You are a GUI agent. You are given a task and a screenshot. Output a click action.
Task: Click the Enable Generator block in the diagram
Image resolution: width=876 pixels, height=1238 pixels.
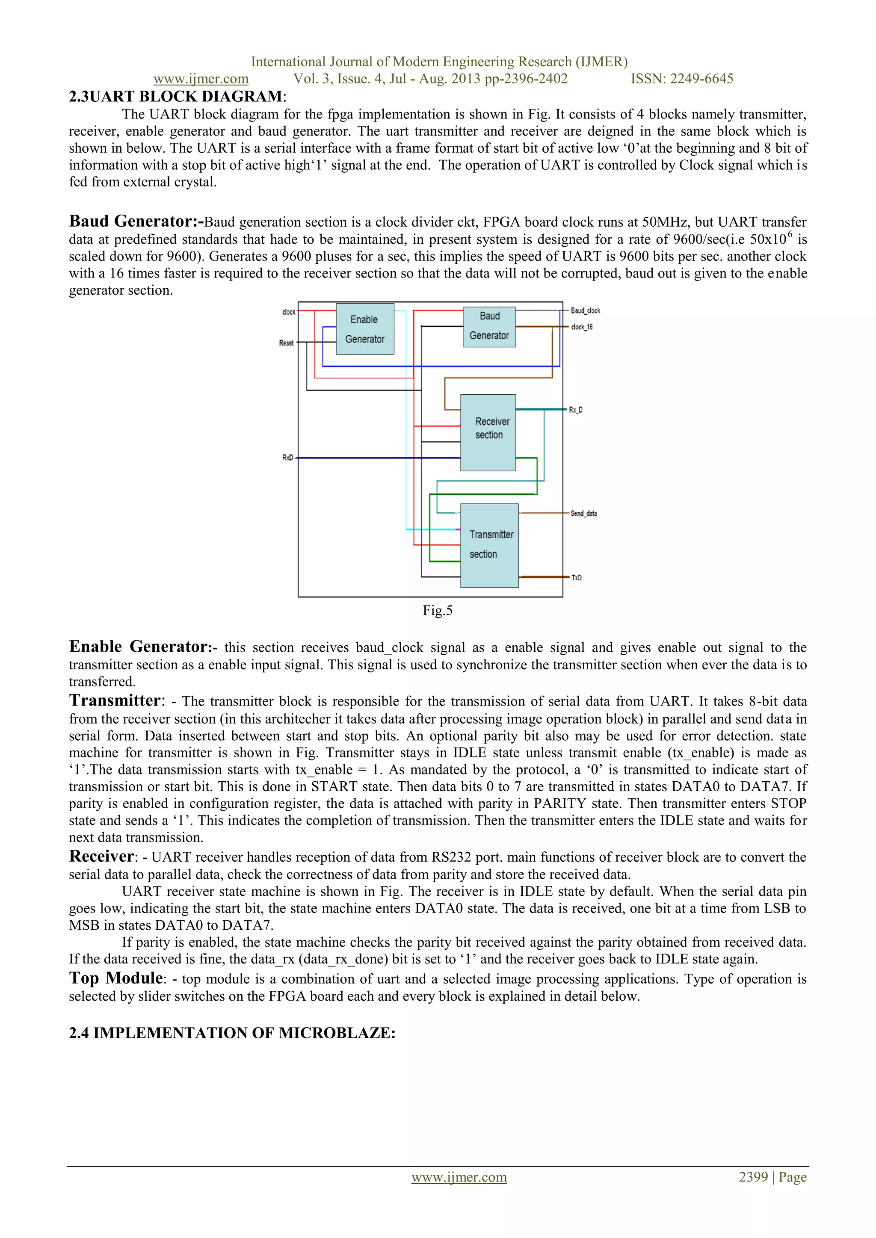tap(364, 329)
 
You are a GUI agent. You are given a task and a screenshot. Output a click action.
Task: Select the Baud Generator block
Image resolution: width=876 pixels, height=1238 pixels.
tap(489, 326)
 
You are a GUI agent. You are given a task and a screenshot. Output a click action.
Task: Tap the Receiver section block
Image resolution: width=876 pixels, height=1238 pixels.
tap(488, 432)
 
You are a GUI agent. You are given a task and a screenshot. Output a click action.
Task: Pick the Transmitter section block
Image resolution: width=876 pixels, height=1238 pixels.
tap(489, 545)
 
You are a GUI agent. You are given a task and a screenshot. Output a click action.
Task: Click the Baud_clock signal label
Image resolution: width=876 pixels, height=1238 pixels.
tap(585, 310)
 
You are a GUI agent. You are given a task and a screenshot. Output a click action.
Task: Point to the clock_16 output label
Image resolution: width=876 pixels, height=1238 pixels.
tap(581, 327)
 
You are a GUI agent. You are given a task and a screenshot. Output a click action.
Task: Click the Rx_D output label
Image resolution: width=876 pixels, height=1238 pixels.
tap(576, 410)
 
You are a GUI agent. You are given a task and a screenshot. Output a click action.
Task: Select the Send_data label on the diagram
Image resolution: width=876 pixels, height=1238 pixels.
tap(583, 513)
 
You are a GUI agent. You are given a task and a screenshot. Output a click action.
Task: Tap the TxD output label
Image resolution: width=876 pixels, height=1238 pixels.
tap(577, 577)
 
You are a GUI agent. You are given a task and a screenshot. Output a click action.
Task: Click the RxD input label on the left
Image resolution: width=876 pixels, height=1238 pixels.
tap(287, 458)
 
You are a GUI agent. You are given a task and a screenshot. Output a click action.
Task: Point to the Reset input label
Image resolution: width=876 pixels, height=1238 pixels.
tap(286, 343)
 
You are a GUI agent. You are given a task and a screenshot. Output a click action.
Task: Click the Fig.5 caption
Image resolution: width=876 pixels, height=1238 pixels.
tap(438, 610)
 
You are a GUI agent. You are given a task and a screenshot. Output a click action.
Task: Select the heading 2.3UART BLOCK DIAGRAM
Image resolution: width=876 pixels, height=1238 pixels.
tap(176, 97)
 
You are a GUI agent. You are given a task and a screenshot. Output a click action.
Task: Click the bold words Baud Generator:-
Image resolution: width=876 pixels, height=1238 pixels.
tap(136, 222)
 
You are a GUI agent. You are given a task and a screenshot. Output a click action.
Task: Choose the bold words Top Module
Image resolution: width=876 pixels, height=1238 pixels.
tap(116, 978)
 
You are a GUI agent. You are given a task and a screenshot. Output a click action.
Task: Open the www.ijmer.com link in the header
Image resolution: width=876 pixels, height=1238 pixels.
tap(201, 79)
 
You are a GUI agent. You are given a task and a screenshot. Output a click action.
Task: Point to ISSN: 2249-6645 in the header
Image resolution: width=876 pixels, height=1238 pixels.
tap(682, 79)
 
